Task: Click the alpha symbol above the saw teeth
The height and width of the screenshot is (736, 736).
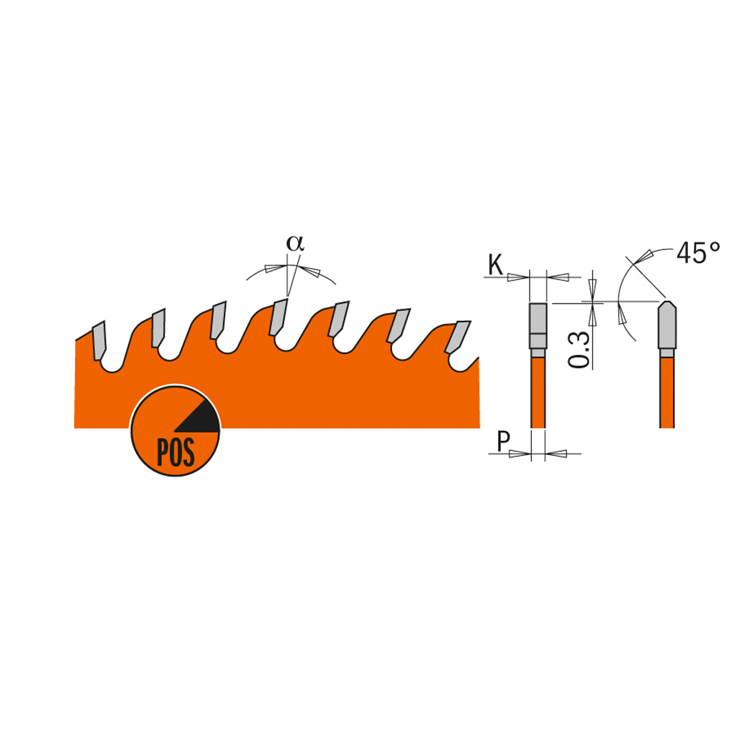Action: tap(295, 243)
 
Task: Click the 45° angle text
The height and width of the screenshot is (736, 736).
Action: tap(698, 253)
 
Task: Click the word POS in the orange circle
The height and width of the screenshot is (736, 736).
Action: tap(176, 453)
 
